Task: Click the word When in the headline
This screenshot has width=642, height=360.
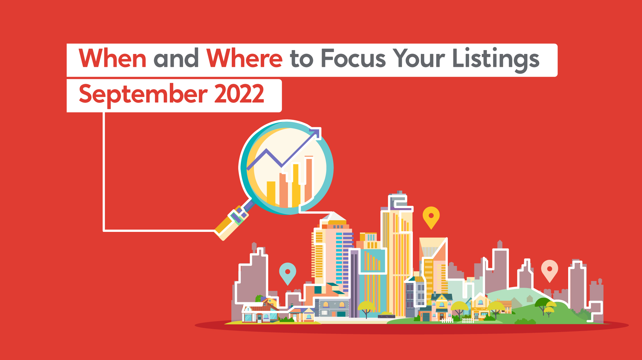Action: pos(113,58)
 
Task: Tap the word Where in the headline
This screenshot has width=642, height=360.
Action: pos(244,58)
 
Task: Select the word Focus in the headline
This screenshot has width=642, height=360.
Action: pos(353,58)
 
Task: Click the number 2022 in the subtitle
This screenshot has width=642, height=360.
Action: pos(239,93)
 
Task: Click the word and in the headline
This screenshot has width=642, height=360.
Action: pos(177,58)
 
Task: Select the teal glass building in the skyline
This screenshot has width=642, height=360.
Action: pos(372,279)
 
